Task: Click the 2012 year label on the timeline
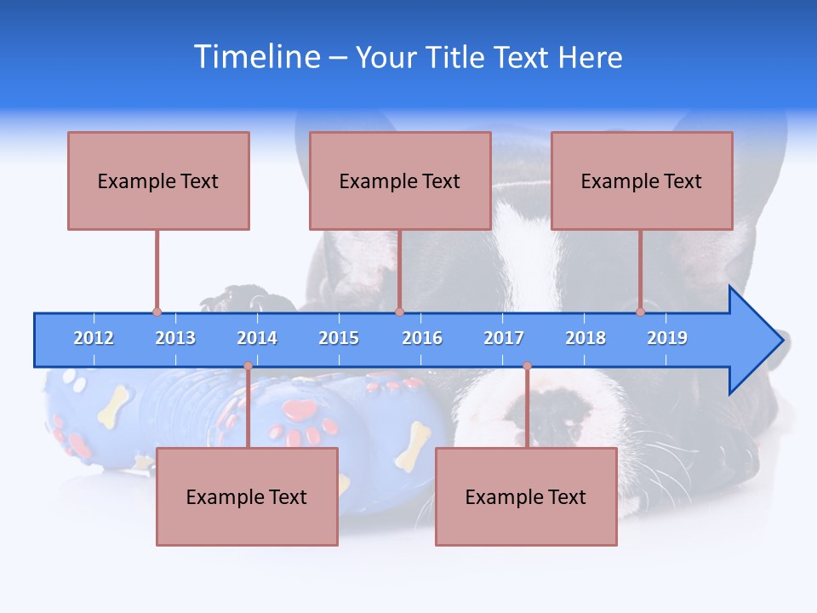[94, 338]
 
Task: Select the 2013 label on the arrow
[175, 338]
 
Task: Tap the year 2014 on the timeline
[257, 338]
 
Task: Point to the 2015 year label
[339, 338]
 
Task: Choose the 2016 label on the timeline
[422, 338]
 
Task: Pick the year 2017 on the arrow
[504, 338]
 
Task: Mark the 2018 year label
[586, 338]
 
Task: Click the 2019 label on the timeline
[667, 338]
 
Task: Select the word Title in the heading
[456, 57]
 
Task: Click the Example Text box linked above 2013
[158, 180]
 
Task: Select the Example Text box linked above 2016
[400, 180]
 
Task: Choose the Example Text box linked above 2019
[642, 180]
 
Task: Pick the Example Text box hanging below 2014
[247, 496]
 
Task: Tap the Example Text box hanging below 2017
[526, 496]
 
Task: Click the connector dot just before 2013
[157, 312]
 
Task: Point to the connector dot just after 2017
[527, 366]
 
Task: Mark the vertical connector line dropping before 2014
[248, 407]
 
